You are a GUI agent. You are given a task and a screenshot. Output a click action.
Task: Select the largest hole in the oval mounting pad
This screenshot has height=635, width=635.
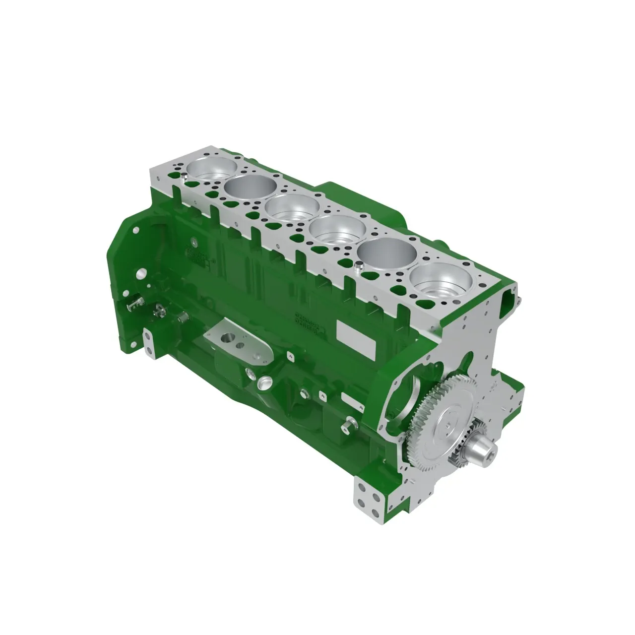229,339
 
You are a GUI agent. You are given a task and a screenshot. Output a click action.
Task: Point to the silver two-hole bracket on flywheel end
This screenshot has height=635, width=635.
149,342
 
